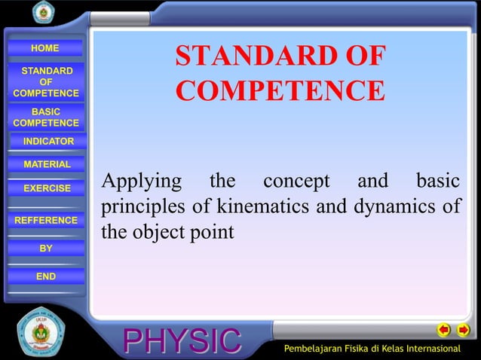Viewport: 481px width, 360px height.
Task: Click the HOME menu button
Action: (44, 49)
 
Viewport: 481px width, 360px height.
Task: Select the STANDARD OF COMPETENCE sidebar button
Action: (46, 82)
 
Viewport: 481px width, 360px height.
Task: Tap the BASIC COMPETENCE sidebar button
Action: (46, 117)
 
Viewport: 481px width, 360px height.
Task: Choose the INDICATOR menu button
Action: (48, 142)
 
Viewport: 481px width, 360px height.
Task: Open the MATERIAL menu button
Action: (47, 164)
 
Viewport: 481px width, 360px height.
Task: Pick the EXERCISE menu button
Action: (47, 188)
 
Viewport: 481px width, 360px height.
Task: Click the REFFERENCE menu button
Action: (46, 220)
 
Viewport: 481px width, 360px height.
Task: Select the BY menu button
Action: (46, 248)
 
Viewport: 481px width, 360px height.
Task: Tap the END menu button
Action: (46, 276)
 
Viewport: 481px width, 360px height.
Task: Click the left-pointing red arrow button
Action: (445, 329)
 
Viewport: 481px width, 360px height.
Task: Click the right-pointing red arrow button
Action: (463, 329)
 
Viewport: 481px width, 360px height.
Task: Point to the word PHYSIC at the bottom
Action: (182, 341)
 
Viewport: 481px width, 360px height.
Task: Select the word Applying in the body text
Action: (141, 182)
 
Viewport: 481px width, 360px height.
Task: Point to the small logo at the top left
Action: (43, 13)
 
